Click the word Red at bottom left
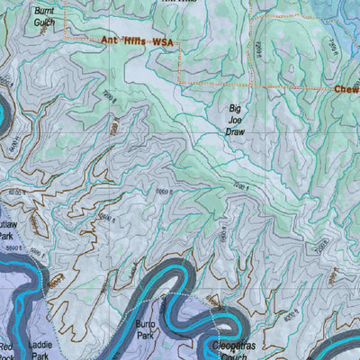coord(7,346)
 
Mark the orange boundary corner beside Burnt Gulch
coord(65,37)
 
